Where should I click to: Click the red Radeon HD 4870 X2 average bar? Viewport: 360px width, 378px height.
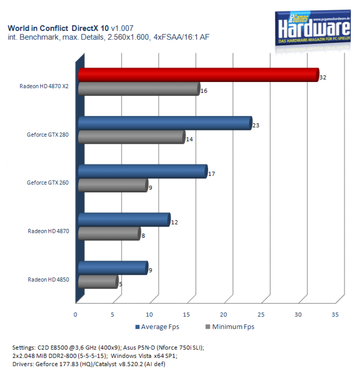coord(199,75)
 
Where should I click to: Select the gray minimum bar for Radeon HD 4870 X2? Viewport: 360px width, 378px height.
coord(139,89)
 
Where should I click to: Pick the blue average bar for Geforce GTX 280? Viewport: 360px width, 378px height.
coord(165,123)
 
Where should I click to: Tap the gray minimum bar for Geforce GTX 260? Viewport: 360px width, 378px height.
coord(113,185)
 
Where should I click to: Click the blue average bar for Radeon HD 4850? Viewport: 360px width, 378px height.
coord(113,268)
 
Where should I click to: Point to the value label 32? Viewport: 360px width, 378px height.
coord(323,78)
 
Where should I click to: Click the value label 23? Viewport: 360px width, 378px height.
coord(256,126)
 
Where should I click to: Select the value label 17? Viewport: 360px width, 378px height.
coord(212,174)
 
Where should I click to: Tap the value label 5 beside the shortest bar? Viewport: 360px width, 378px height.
coord(121,284)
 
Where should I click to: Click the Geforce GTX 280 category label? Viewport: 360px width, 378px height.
coord(48,134)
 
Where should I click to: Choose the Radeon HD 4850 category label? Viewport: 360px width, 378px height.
coord(48,279)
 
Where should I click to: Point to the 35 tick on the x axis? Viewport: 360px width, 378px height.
coord(335,315)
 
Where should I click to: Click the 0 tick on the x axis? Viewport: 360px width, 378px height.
coord(75,315)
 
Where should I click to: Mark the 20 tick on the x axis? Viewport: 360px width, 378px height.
coord(224,315)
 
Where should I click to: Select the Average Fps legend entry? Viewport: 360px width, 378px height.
coord(157,327)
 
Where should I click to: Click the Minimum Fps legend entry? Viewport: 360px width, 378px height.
coord(230,327)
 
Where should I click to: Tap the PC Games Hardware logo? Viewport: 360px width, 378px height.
coord(313,28)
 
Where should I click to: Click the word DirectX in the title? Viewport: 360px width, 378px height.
coord(85,28)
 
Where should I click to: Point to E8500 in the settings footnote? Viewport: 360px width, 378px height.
coord(59,348)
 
